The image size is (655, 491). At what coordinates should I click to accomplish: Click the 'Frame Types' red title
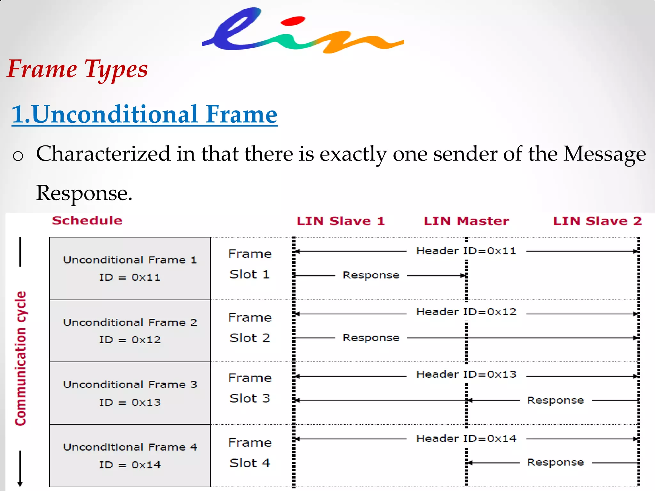click(77, 69)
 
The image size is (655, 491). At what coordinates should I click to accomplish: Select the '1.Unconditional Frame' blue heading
click(145, 114)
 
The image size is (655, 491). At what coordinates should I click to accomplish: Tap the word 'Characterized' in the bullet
click(103, 154)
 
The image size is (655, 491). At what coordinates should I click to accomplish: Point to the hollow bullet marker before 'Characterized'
click(18, 156)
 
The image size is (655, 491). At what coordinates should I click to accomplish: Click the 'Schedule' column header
click(87, 221)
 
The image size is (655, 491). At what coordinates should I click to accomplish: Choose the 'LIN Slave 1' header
click(341, 221)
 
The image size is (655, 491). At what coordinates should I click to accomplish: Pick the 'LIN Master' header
click(466, 221)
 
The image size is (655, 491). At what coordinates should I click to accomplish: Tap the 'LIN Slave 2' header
click(597, 221)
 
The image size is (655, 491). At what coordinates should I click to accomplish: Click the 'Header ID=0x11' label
click(466, 251)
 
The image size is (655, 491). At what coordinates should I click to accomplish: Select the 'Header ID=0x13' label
click(466, 374)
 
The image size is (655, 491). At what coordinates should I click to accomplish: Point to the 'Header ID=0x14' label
click(466, 439)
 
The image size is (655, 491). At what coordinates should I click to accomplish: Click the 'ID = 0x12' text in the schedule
click(130, 340)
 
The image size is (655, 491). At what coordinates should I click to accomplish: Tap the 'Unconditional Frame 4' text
click(130, 447)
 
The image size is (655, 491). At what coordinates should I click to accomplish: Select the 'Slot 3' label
click(250, 399)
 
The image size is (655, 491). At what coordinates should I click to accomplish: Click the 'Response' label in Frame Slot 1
click(371, 275)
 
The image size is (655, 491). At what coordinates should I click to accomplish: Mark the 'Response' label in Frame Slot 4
click(555, 462)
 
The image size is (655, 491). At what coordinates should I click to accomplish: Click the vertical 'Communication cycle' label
click(20, 358)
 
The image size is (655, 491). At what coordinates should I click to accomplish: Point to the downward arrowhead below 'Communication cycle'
click(20, 483)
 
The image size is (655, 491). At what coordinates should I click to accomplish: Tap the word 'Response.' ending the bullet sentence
click(84, 193)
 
